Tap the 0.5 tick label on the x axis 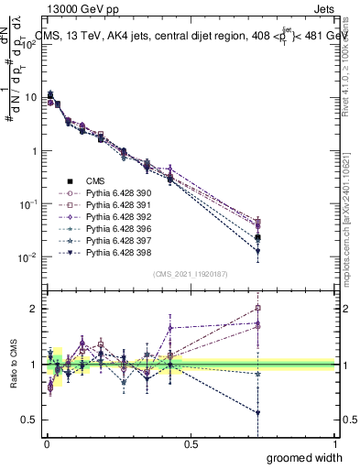pos(191,444)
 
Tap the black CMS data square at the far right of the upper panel pos(258,237)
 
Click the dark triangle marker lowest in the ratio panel pos(258,413)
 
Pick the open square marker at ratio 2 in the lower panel pos(258,309)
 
